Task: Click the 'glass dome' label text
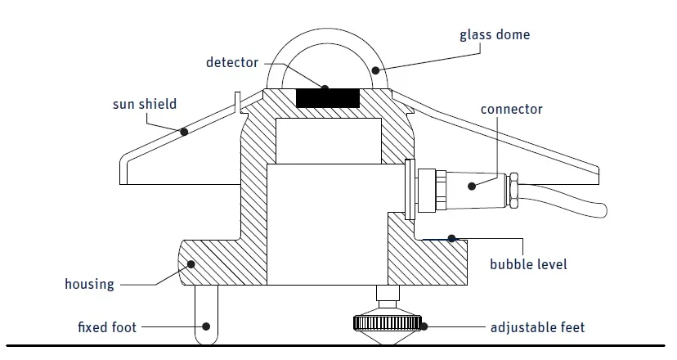pyautogui.click(x=494, y=34)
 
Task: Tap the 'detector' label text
pyautogui.click(x=231, y=62)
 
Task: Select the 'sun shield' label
pyautogui.click(x=144, y=105)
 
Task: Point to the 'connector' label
pyautogui.click(x=511, y=110)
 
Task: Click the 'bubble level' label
pyautogui.click(x=527, y=264)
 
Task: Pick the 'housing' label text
pyautogui.click(x=89, y=285)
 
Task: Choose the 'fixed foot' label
pyautogui.click(x=106, y=327)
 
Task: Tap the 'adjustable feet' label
pyautogui.click(x=537, y=327)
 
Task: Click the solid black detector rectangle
pyautogui.click(x=328, y=97)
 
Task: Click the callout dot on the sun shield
pyautogui.click(x=185, y=132)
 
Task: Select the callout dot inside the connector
pyautogui.click(x=472, y=186)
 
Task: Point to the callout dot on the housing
pyautogui.click(x=191, y=264)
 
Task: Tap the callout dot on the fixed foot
pyautogui.click(x=205, y=326)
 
